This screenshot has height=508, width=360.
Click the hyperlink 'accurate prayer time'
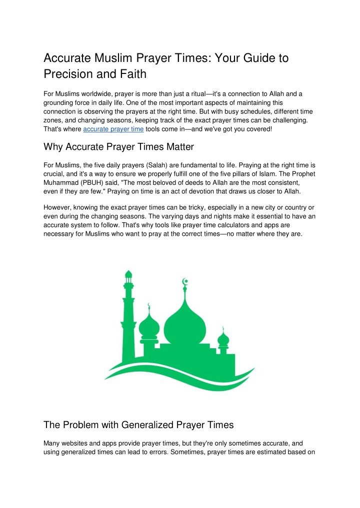113,129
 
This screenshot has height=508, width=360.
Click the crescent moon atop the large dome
185,282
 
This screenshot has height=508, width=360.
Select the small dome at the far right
223,340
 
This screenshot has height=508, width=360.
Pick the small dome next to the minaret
148,327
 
